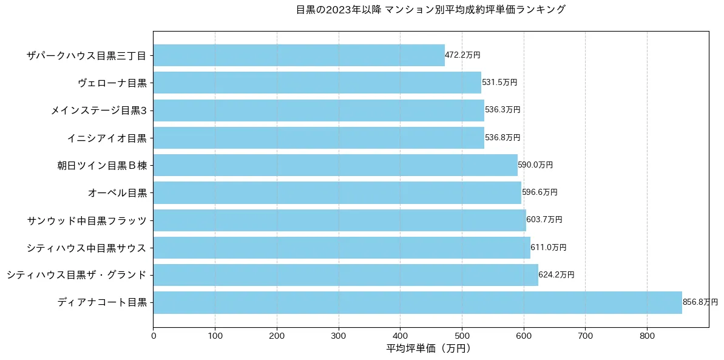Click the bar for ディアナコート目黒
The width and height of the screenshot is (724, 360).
418,302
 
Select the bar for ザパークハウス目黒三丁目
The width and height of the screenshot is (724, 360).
299,55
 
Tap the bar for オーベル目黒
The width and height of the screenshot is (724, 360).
337,192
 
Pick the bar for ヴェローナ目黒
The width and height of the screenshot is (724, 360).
317,83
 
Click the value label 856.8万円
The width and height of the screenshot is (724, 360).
700,302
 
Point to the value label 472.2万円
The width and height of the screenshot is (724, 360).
462,55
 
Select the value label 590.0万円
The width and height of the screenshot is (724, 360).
535,165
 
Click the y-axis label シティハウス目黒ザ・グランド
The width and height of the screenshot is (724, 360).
76,275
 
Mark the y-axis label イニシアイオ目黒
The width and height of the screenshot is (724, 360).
107,138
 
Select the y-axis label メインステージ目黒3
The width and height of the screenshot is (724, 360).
98,110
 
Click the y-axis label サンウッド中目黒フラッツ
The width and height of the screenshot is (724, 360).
87,220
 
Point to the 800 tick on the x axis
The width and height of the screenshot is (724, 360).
647,335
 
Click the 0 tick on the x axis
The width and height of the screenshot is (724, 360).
153,335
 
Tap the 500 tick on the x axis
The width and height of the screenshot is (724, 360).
462,335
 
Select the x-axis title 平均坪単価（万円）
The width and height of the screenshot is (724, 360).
428,348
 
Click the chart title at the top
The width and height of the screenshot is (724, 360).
431,10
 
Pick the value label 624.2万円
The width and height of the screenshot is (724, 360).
556,275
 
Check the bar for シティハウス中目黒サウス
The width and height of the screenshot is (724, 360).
342,248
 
